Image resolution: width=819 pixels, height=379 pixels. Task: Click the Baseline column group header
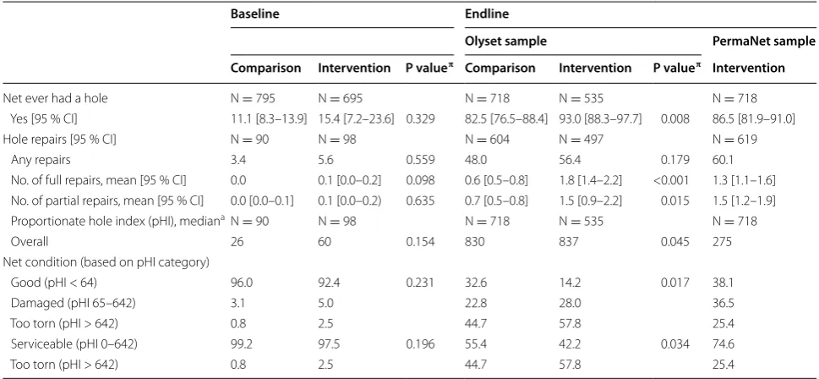point(255,14)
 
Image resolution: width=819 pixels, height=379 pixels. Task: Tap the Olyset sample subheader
point(499,41)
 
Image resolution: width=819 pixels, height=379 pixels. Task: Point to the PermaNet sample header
point(763,41)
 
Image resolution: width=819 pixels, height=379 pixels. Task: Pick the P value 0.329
point(419,120)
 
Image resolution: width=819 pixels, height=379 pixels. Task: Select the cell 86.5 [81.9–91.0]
point(754,120)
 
